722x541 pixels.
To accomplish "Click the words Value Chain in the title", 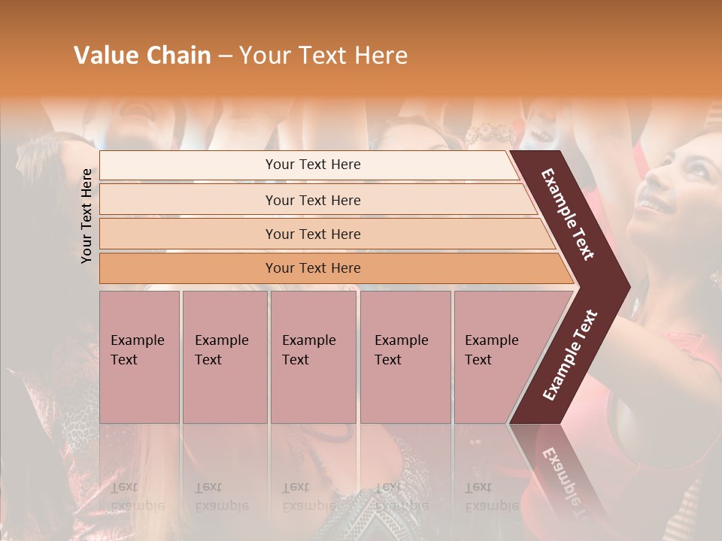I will (142, 56).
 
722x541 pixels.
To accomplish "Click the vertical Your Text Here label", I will (86, 216).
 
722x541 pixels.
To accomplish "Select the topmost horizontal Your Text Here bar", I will (312, 165).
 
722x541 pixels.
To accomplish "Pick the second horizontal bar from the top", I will (312, 200).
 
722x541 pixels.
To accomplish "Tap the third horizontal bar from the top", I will (312, 234).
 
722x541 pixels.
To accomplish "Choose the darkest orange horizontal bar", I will (312, 268).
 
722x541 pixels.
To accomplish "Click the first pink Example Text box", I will (139, 357).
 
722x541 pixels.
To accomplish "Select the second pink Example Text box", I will (224, 357).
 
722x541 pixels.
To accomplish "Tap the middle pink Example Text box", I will (313, 357).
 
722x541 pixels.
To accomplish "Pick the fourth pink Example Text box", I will (405, 357).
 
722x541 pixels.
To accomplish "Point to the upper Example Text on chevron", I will (568, 214).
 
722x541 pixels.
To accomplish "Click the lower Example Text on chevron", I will (569, 355).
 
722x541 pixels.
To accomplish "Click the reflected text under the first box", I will (137, 497).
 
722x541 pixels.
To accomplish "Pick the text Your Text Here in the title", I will (323, 56).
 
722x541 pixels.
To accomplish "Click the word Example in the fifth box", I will (491, 340).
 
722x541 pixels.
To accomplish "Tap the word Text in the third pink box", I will (296, 360).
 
